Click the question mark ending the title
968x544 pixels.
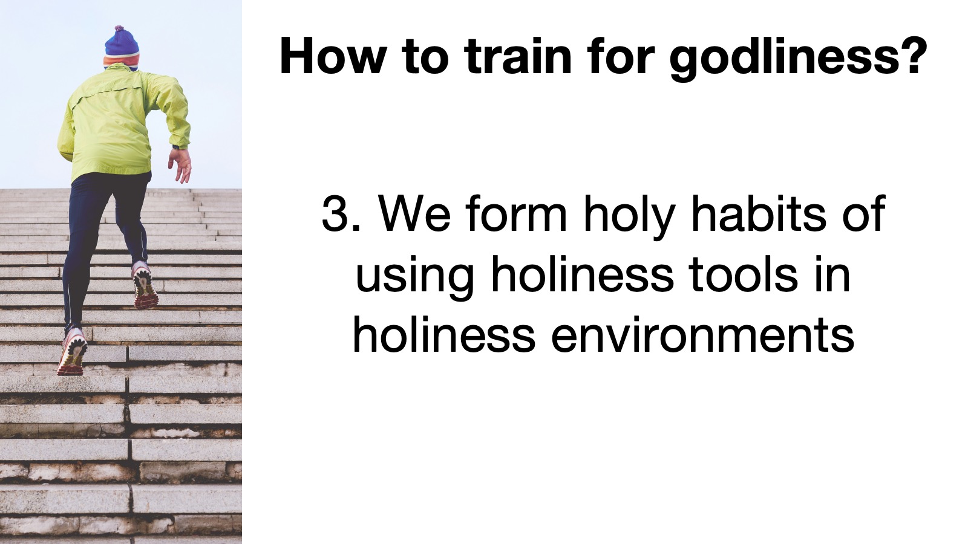pos(916,56)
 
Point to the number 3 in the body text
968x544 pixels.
pos(336,214)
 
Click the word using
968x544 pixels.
pos(415,278)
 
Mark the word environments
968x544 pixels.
pos(702,335)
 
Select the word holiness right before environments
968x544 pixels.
pos(444,335)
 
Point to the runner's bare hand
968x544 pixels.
pos(180,164)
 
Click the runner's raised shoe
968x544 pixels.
pos(145,285)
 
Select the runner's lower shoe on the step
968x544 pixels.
pos(72,351)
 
